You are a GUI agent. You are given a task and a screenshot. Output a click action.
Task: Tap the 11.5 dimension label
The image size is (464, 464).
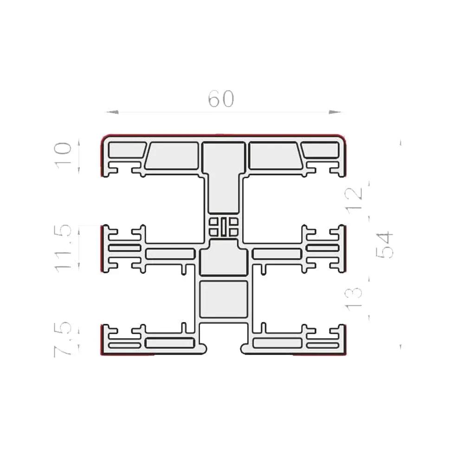(x=63, y=248)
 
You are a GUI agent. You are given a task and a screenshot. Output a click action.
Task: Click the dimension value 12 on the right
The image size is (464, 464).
(x=354, y=197)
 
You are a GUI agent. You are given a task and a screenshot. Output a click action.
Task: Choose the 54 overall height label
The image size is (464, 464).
(x=384, y=245)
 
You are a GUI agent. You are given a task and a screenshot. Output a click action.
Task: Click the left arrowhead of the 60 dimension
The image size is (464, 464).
(x=112, y=112)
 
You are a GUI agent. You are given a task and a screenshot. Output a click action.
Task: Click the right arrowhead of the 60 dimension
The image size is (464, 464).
(x=335, y=112)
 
